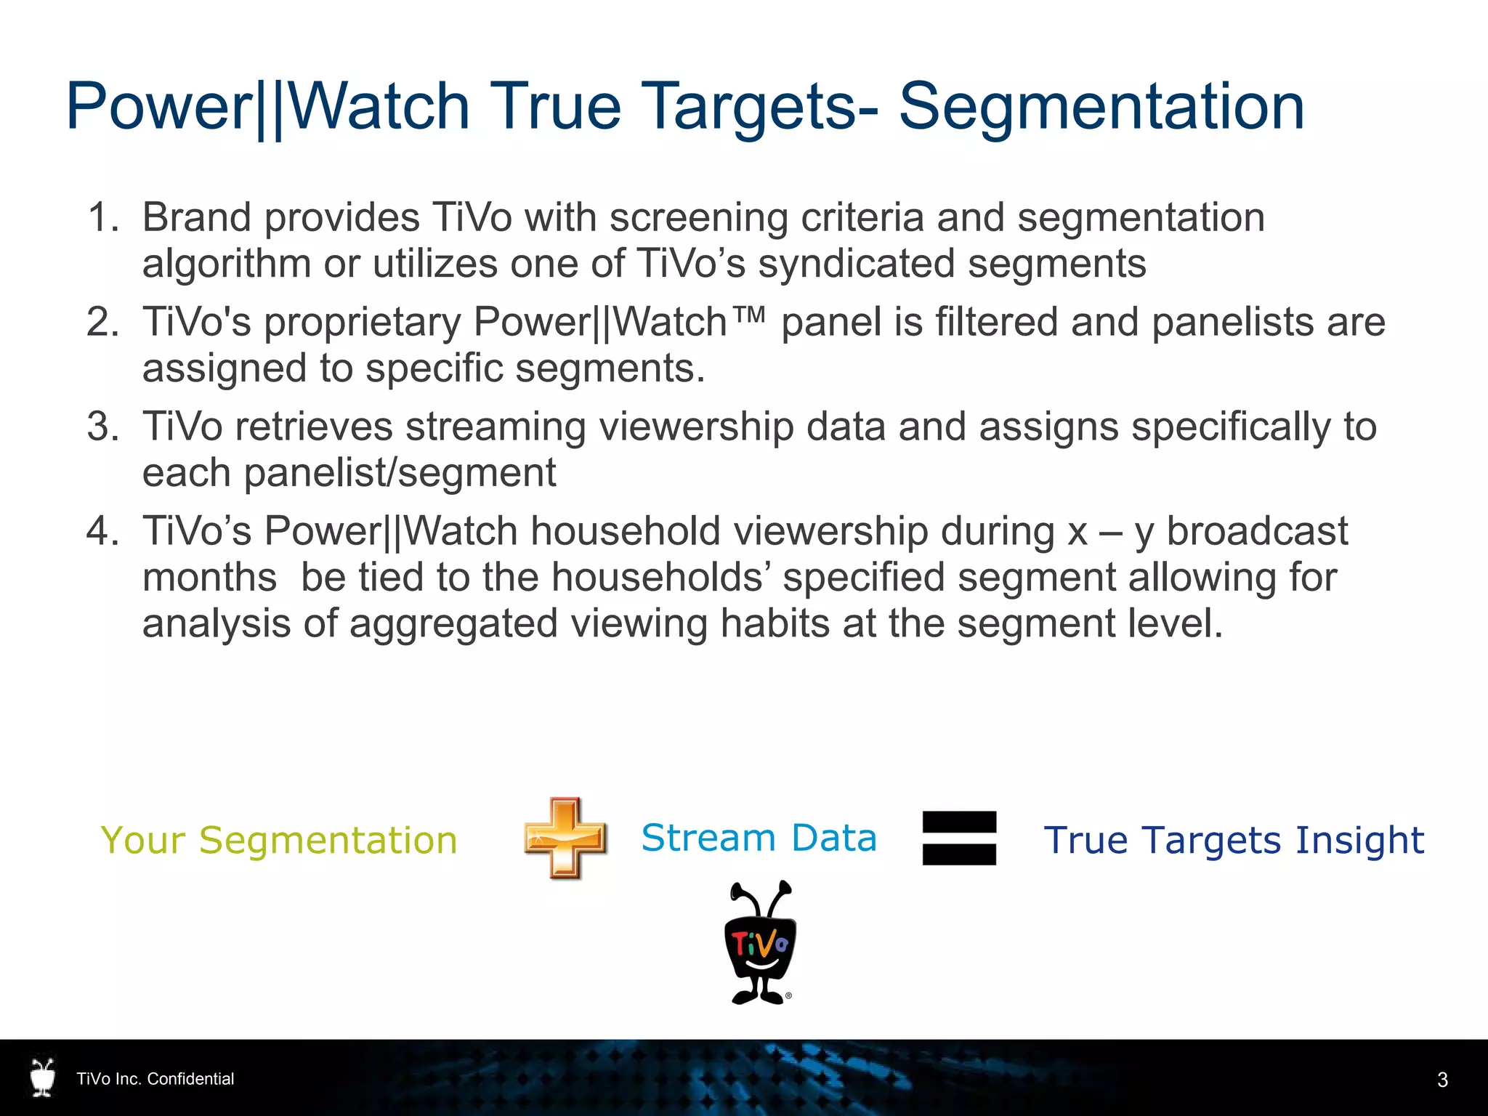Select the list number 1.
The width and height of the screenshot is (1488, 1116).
coord(102,217)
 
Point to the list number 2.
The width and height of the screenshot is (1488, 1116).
coord(102,322)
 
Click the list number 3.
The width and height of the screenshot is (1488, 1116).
coord(102,426)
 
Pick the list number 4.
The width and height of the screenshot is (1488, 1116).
coord(102,531)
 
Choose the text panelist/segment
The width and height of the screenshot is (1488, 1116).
coord(400,474)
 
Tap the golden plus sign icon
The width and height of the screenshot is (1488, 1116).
coord(565,838)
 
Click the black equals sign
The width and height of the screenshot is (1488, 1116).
coord(959,838)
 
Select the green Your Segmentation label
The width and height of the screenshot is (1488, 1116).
coord(279,841)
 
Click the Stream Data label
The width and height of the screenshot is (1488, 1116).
coord(759,838)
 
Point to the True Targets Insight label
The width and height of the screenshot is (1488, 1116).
coord(1234,841)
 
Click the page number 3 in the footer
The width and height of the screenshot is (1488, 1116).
coord(1442,1080)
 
